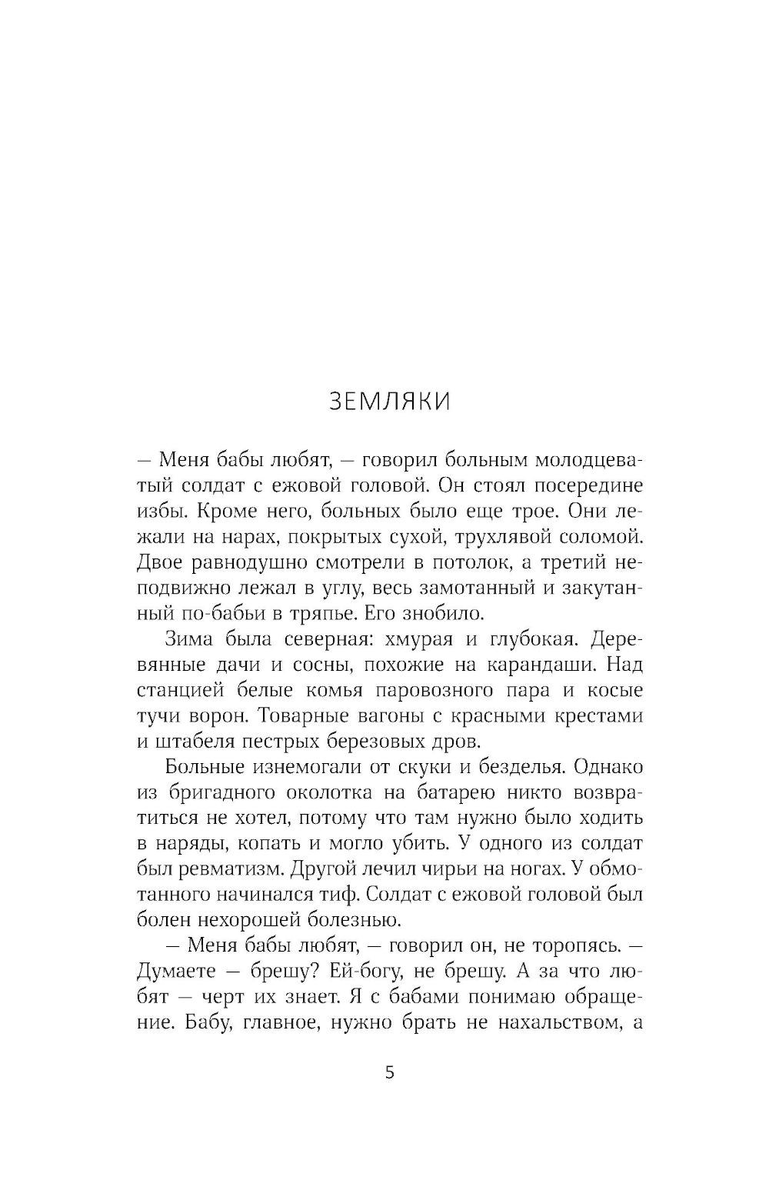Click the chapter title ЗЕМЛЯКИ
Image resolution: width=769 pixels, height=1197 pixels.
point(389,402)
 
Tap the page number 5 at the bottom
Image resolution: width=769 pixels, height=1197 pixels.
point(389,1072)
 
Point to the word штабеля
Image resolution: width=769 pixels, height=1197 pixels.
point(193,742)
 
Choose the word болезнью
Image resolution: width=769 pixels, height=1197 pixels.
point(353,920)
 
